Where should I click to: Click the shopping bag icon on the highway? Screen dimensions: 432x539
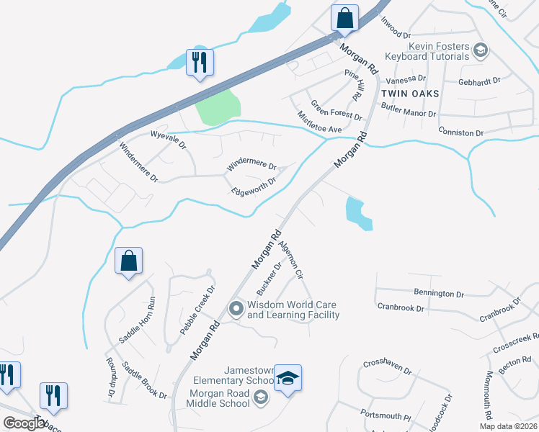345,17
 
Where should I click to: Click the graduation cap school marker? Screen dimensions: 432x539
288,379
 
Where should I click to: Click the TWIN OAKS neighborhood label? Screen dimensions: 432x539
409,94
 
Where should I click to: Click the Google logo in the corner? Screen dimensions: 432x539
24,423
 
